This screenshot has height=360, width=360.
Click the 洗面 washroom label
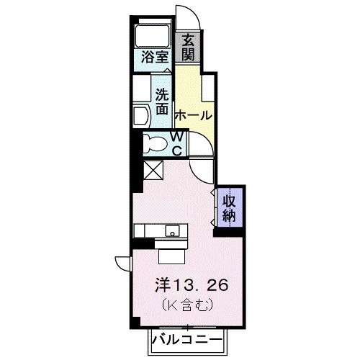click(163, 102)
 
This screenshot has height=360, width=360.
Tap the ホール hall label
click(193, 115)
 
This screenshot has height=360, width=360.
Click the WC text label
click(176, 142)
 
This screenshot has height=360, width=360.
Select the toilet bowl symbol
click(154, 143)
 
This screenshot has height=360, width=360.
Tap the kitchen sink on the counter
click(173, 231)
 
